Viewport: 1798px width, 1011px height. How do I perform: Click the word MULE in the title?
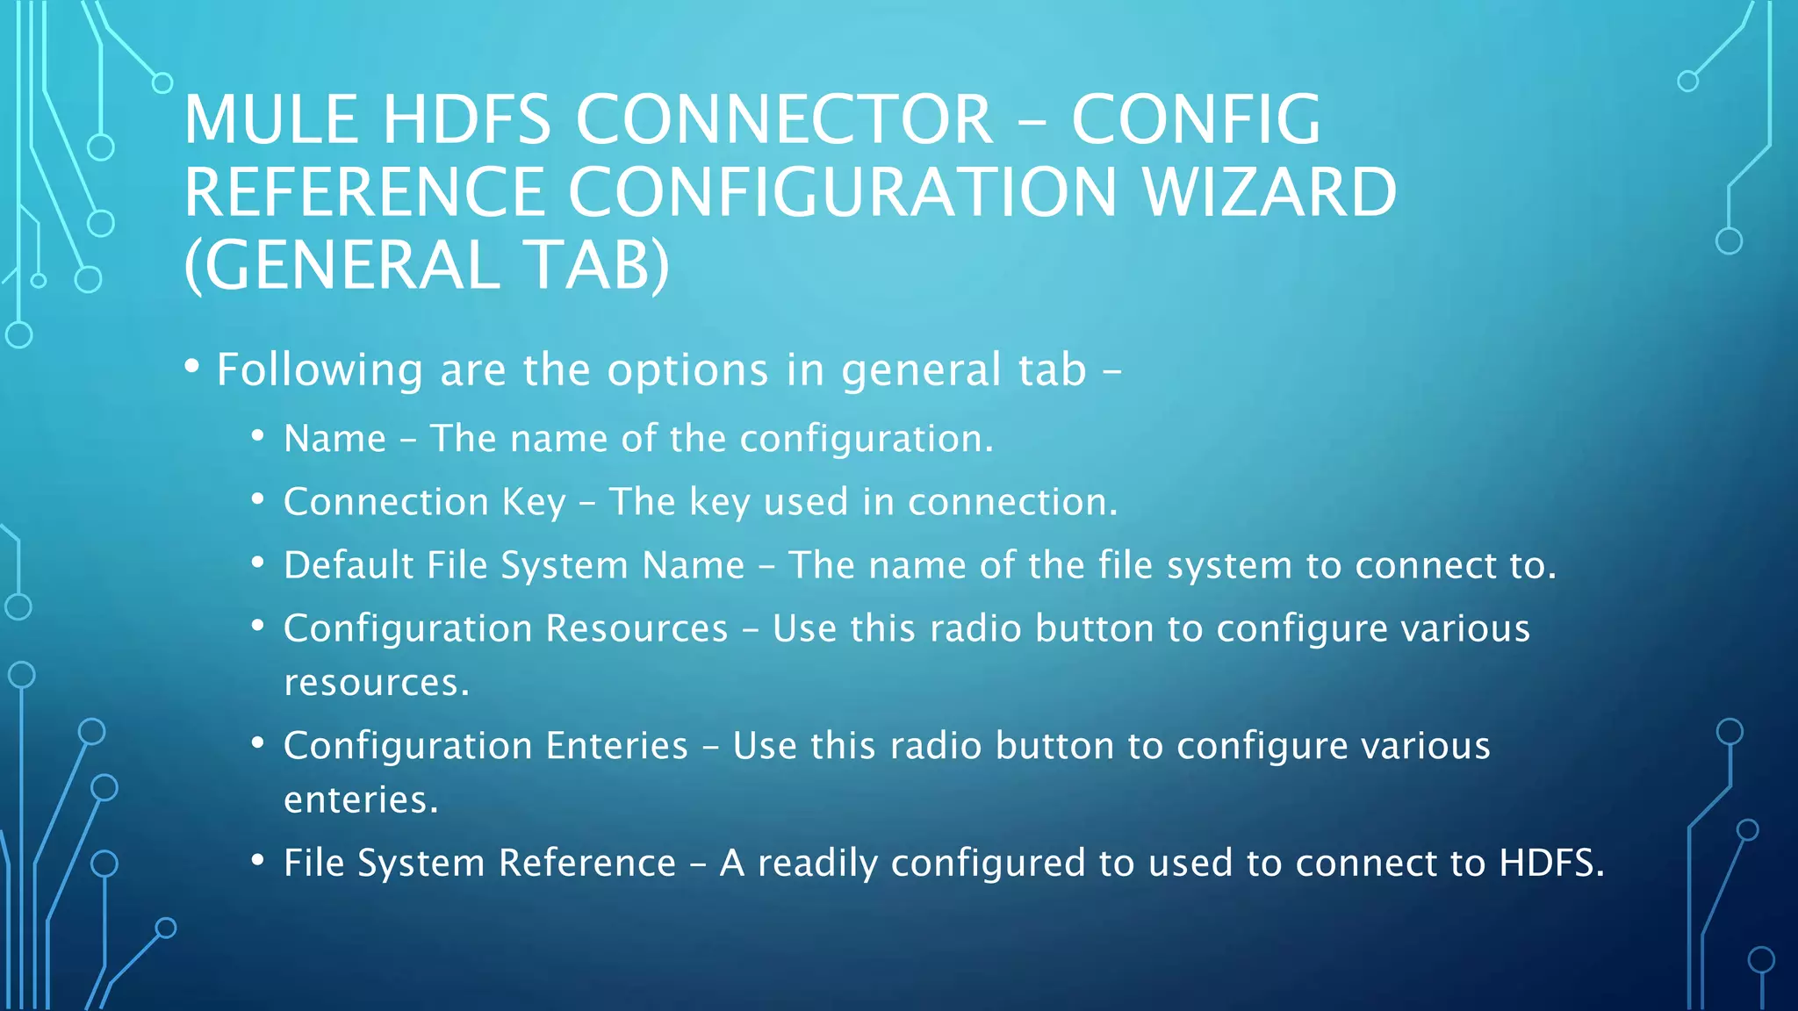point(270,120)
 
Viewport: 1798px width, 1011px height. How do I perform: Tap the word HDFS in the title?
point(466,120)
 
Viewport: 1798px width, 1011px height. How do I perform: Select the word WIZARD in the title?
point(1269,193)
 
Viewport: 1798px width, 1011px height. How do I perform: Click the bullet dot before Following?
point(192,367)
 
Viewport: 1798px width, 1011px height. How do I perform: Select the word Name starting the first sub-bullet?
point(334,439)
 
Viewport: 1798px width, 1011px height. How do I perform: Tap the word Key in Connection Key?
point(534,503)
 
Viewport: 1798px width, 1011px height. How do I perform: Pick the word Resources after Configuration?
point(636,628)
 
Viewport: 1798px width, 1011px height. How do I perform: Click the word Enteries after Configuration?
point(616,746)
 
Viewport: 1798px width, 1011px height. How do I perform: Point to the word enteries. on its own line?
point(361,799)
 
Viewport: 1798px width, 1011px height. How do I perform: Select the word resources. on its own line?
point(377,683)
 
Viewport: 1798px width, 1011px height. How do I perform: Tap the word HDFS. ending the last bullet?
point(1551,863)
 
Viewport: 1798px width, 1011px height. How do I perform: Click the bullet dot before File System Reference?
point(257,860)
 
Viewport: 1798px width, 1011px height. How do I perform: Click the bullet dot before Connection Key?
point(257,499)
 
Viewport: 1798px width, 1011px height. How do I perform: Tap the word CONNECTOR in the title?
point(784,120)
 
